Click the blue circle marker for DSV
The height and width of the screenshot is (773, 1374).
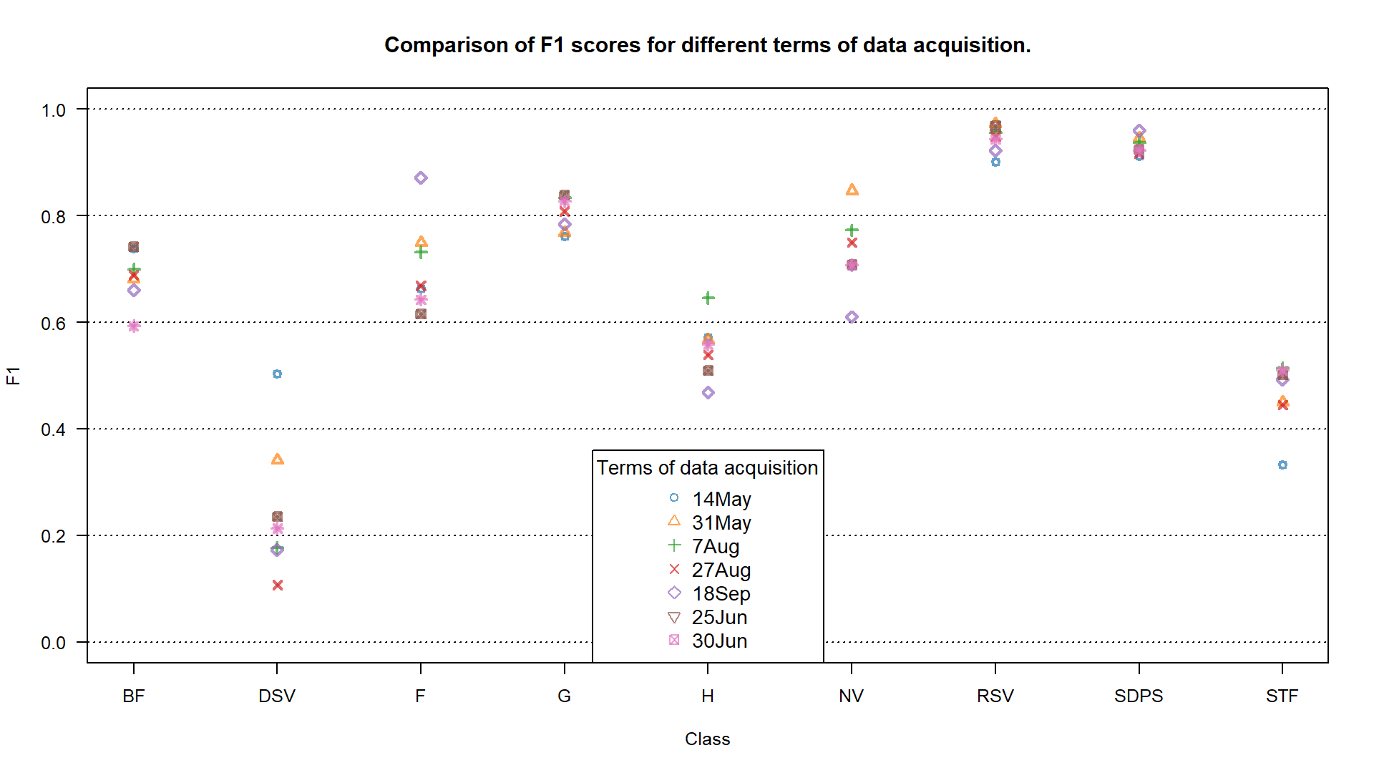point(277,374)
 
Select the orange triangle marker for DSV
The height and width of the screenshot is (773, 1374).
point(278,460)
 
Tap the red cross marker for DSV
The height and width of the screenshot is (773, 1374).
point(278,585)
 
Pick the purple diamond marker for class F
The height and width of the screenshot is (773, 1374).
point(421,178)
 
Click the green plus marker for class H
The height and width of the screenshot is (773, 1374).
point(708,298)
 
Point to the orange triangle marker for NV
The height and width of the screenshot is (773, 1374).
point(852,190)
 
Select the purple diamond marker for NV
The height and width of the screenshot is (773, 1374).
point(852,317)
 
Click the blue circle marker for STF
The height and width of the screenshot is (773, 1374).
point(1282,465)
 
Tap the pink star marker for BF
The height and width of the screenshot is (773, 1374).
point(134,326)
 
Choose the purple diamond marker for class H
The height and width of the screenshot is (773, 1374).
point(708,393)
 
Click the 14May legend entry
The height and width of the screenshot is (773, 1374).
point(721,499)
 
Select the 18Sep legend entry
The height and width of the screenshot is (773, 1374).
point(721,593)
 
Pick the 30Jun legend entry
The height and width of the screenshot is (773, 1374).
point(719,641)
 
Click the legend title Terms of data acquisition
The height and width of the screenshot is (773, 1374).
point(707,468)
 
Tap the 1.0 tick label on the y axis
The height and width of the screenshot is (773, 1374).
point(54,110)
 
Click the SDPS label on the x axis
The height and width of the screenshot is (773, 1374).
point(1139,696)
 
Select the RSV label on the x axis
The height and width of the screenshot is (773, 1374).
point(995,696)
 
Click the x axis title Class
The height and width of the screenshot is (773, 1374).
point(707,739)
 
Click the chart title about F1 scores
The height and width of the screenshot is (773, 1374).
point(707,45)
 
